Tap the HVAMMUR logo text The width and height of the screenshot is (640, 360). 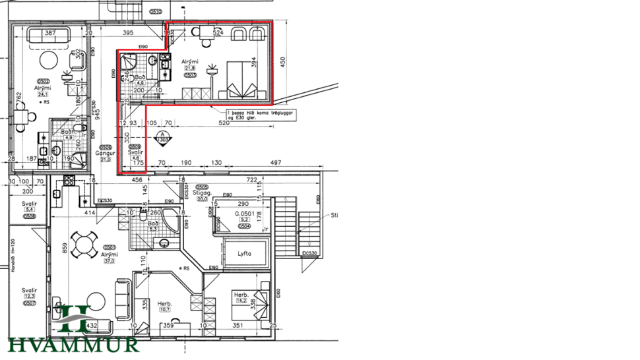(x=73, y=344)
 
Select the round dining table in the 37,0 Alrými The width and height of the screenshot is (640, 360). (x=84, y=245)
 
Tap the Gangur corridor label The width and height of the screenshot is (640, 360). (x=106, y=153)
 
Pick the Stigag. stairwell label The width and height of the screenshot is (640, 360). (x=201, y=193)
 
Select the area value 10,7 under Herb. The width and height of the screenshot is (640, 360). (x=164, y=309)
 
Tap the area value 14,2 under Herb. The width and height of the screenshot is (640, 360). (x=243, y=301)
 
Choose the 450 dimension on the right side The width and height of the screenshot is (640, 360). (x=282, y=63)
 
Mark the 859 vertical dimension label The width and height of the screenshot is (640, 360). (x=65, y=249)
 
